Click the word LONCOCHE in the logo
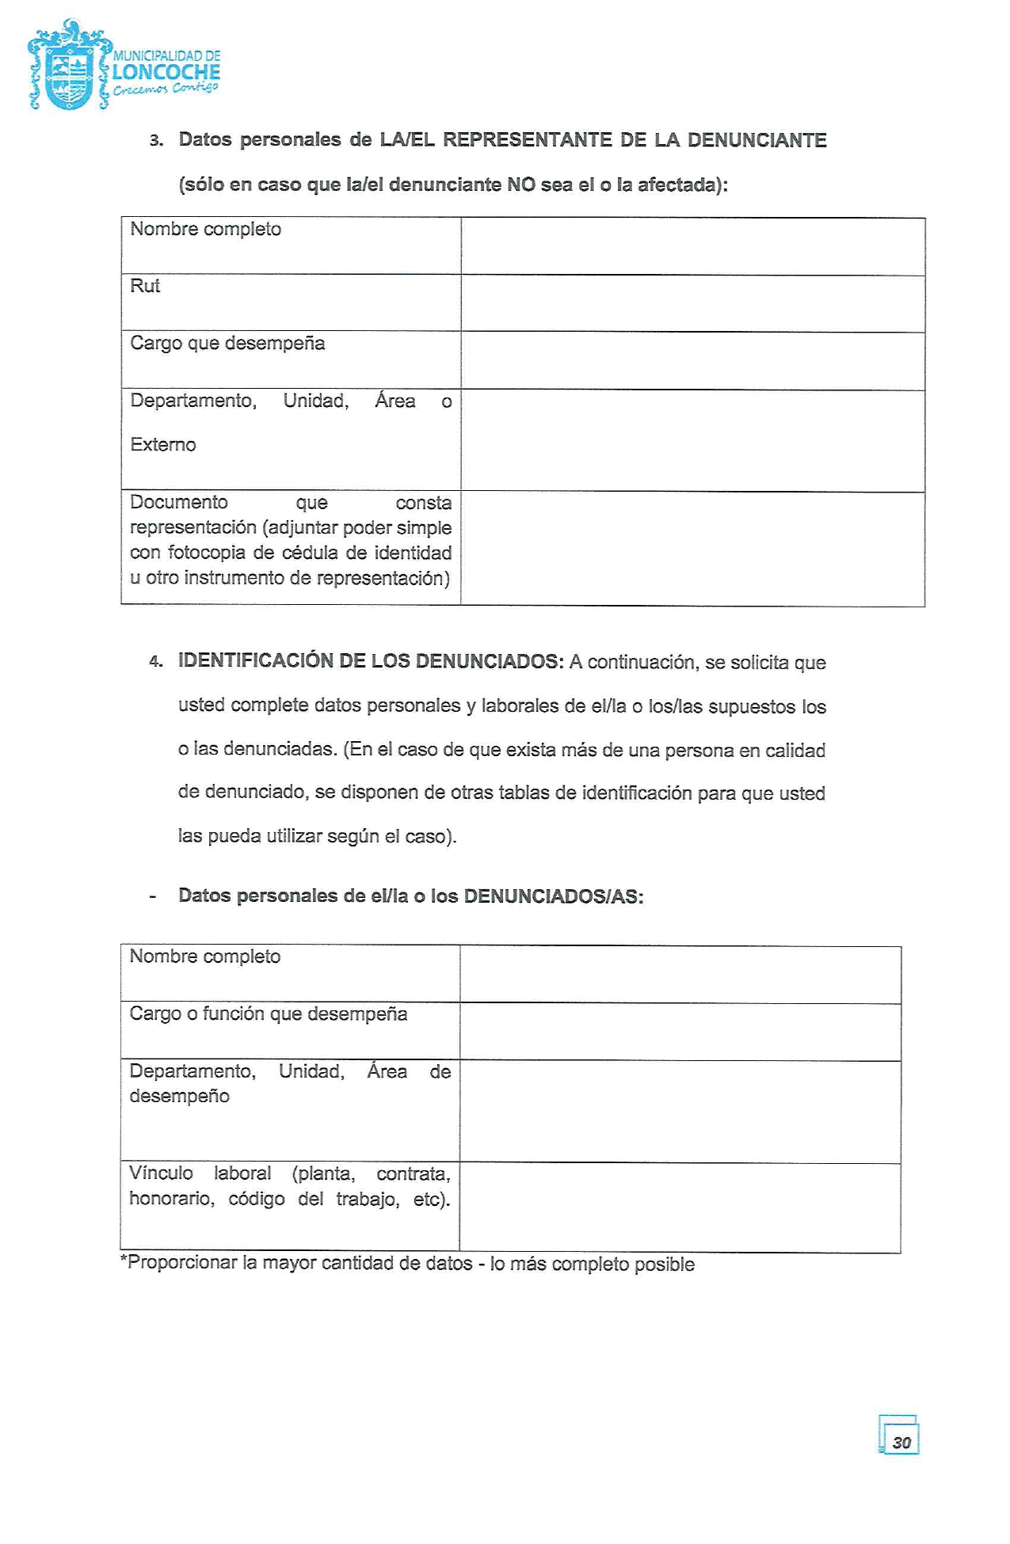[x=166, y=72]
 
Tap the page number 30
[x=901, y=1442]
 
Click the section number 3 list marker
[x=156, y=141]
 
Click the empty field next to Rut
[x=692, y=303]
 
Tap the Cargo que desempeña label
[x=227, y=343]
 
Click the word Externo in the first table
[x=163, y=444]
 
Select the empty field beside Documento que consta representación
[x=692, y=549]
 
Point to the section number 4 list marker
[x=155, y=662]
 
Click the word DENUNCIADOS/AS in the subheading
[x=553, y=896]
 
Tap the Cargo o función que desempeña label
[x=268, y=1013]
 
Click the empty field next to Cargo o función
[x=680, y=1032]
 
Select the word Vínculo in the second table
[x=161, y=1173]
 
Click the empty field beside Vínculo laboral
[x=680, y=1207]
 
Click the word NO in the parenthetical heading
[x=521, y=184]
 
